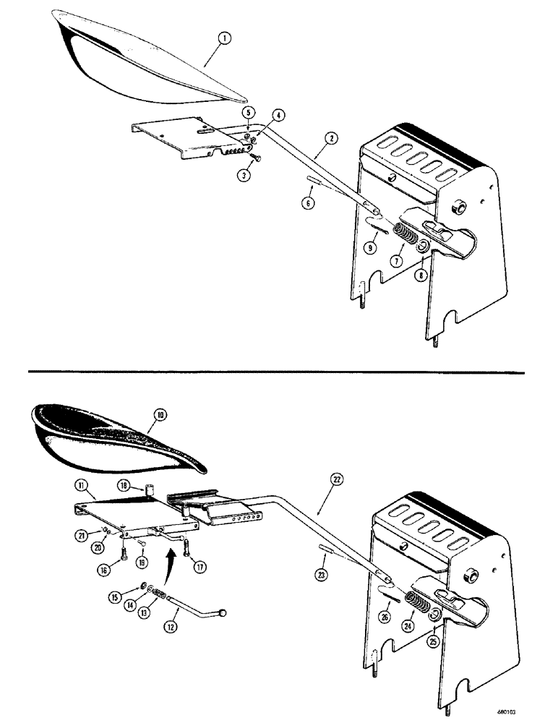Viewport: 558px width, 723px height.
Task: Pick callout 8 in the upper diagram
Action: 421,275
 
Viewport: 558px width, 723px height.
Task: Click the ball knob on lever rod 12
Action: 227,614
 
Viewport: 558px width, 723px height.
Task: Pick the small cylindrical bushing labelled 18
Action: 150,491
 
